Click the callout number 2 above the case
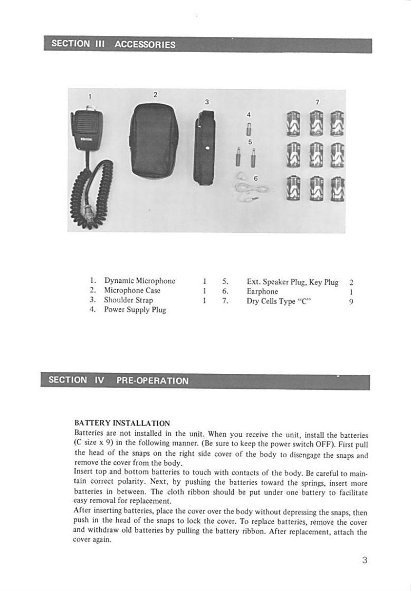click(155, 95)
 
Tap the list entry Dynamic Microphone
click(139, 281)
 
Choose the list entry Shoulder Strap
click(128, 300)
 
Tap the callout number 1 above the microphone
click(90, 96)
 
